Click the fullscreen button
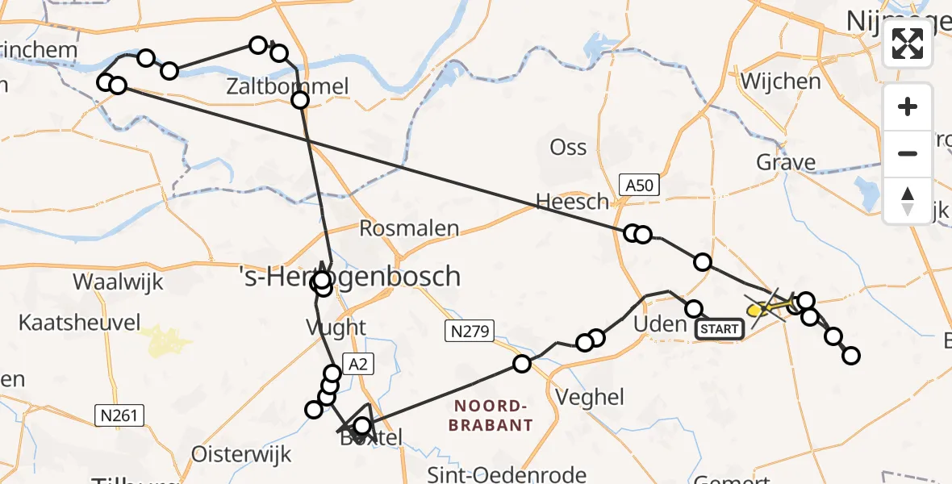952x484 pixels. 908,44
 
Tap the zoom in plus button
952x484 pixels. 908,106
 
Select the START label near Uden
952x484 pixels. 719,328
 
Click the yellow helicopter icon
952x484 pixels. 759,309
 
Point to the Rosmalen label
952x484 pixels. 409,228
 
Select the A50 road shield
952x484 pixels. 641,186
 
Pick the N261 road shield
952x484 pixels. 120,415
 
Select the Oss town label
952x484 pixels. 568,148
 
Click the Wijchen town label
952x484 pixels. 780,81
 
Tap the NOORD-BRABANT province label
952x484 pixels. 492,415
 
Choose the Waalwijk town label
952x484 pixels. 118,282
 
